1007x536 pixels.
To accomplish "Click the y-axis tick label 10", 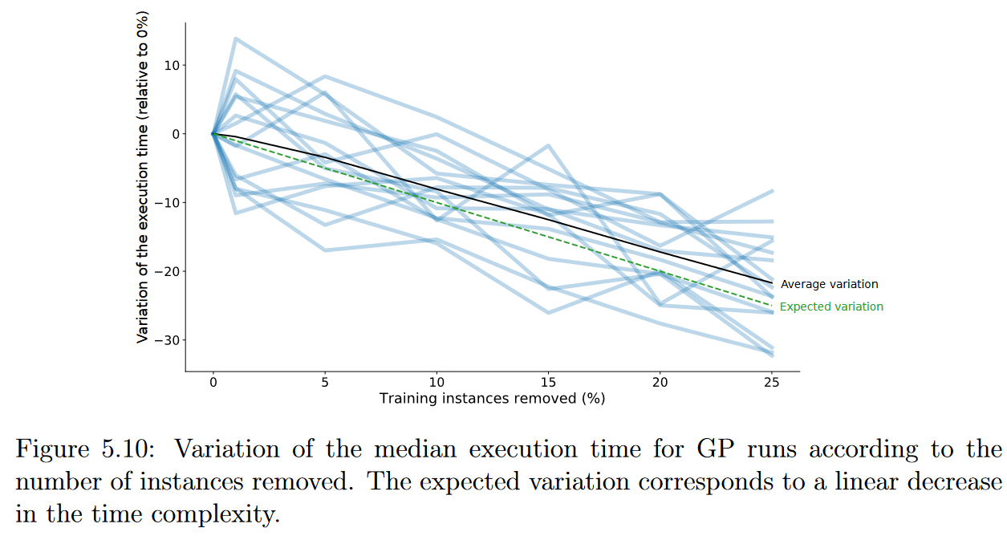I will coord(171,65).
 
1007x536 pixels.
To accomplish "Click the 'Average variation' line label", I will coord(829,284).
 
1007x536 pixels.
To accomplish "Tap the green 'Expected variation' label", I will coord(831,307).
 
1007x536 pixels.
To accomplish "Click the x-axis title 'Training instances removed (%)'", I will coord(492,398).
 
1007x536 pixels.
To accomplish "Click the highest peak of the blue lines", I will coord(235,38).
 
